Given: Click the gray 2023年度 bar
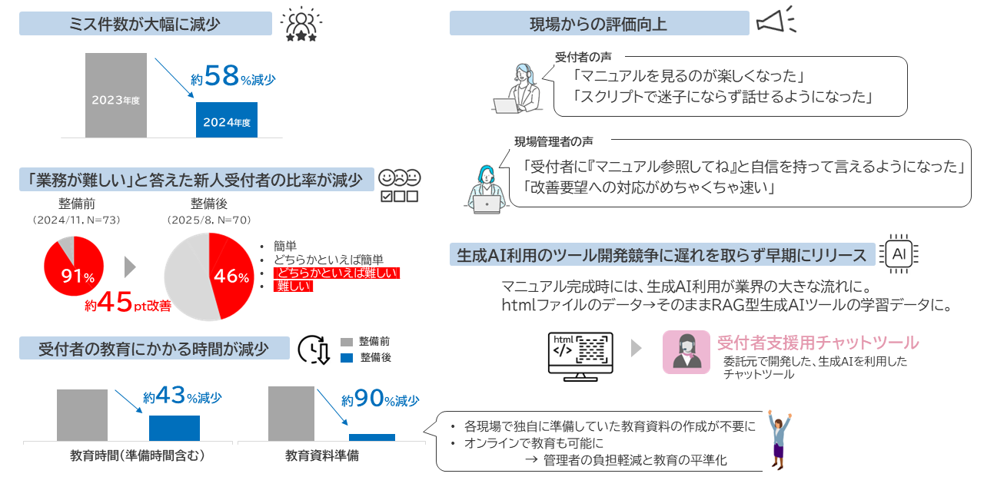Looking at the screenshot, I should point(115,95).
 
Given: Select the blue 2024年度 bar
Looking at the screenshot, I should point(226,120).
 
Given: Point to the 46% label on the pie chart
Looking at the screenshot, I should point(232,277).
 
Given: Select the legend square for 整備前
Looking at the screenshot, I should point(346,342).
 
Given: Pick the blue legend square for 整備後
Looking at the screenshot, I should point(346,358).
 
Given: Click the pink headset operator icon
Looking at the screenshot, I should point(686,352).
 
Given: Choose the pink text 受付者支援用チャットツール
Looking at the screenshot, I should point(817,342).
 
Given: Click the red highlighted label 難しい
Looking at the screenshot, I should point(293,287).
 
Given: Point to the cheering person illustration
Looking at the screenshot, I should point(779,441).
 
